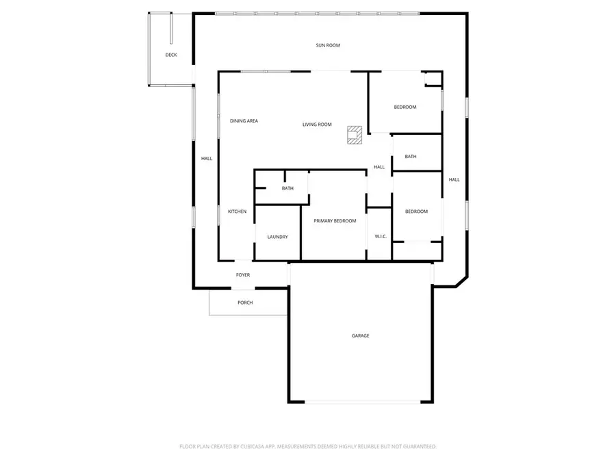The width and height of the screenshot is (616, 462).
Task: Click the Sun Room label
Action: point(328,45)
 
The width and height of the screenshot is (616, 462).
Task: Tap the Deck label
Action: point(171,55)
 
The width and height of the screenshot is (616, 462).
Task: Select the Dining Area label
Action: point(244,121)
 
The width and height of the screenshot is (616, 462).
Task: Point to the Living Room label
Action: point(317,125)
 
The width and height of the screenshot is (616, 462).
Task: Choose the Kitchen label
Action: point(238,211)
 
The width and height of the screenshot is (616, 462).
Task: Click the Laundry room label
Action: point(277,237)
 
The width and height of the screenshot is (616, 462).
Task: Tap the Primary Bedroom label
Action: point(335,221)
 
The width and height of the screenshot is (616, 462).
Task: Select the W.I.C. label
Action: point(381,237)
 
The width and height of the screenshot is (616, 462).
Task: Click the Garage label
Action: point(361,335)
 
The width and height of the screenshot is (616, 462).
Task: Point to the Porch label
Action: point(245,303)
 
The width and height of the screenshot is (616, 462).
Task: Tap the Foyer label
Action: point(243,275)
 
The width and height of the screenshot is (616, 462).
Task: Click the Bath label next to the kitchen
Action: point(287,188)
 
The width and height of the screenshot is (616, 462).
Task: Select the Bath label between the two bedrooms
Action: point(411,157)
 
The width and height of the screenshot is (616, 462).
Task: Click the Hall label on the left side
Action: point(207,159)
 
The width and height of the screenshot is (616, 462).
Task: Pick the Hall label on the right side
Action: point(454,180)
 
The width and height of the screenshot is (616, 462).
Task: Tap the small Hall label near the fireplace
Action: point(379,167)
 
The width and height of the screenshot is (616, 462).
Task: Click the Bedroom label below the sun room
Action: point(405,107)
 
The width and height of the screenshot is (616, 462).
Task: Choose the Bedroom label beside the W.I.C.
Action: point(416,211)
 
